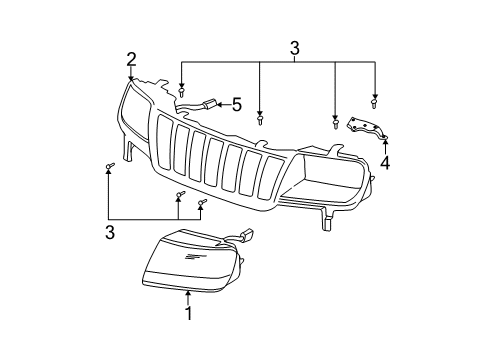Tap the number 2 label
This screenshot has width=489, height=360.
[x=131, y=58]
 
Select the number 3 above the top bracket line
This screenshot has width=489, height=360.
[x=294, y=46]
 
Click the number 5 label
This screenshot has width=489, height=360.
[x=237, y=103]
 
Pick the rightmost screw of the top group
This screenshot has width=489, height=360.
[x=373, y=102]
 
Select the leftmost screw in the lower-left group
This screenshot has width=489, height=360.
[x=108, y=169]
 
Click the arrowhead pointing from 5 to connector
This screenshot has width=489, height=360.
[x=220, y=102]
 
